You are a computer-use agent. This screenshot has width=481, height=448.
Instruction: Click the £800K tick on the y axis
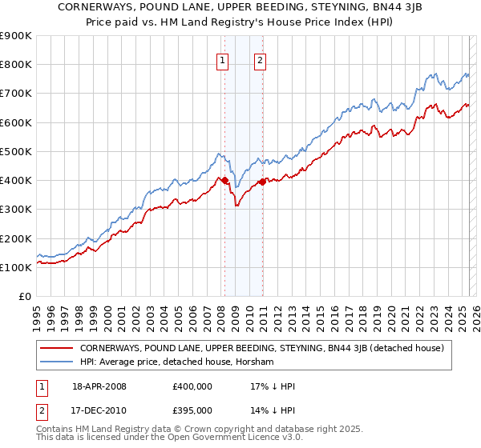pyautogui.click(x=16, y=65)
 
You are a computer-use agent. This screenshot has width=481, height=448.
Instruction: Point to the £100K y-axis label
pyautogui.click(x=16, y=267)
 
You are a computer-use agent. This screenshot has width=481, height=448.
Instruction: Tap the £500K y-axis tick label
pyautogui.click(x=16, y=151)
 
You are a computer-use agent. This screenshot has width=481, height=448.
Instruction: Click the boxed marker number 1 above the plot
pyautogui.click(x=221, y=58)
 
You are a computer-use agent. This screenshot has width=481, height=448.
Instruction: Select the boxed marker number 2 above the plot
pyautogui.click(x=261, y=58)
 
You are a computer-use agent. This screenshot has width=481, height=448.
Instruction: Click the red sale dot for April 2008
pyautogui.click(x=225, y=181)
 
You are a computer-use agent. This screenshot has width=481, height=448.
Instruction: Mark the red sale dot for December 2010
pyautogui.click(x=263, y=182)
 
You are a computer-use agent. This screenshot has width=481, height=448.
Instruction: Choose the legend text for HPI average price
pyautogui.click(x=176, y=362)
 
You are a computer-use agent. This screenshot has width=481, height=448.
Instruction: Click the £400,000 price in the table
pyautogui.click(x=192, y=386)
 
